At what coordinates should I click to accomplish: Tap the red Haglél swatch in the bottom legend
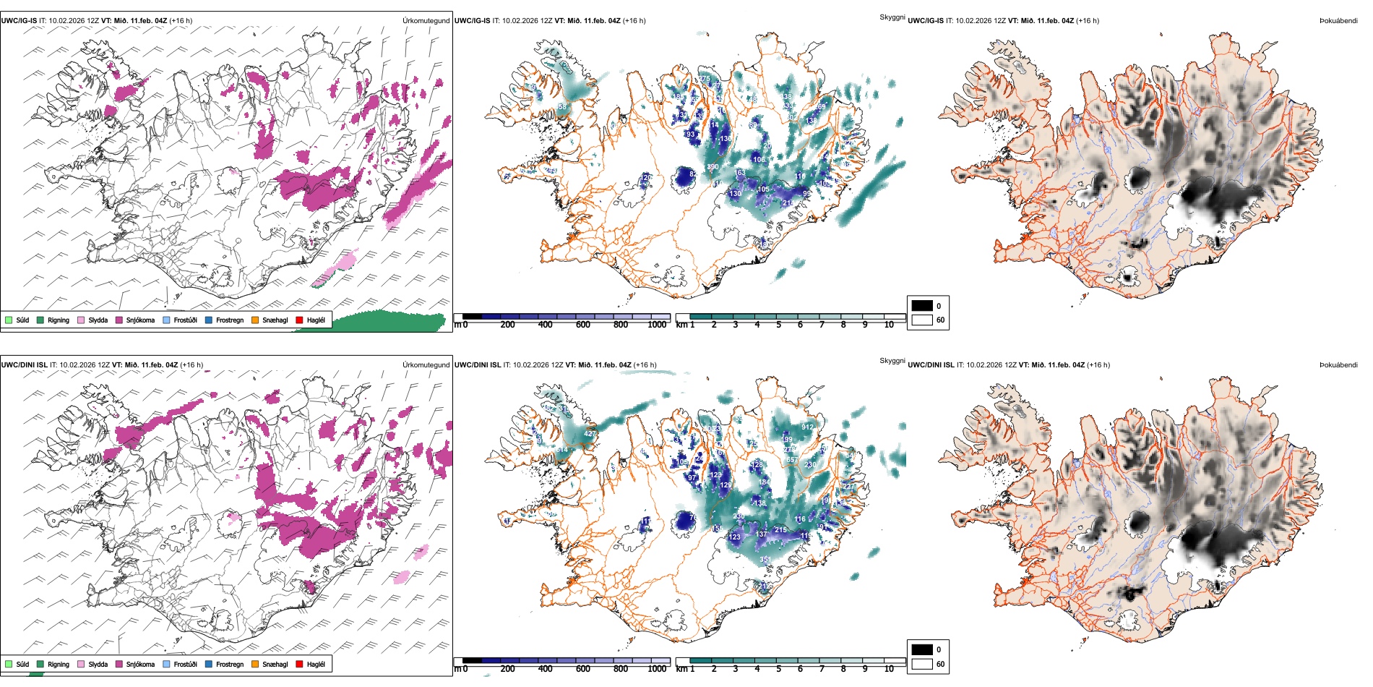(299, 664)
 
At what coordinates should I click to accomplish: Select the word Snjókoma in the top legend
(140, 320)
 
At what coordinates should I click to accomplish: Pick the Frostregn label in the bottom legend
(230, 664)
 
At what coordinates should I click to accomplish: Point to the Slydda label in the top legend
(98, 320)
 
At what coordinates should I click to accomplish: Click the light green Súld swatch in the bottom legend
(9, 664)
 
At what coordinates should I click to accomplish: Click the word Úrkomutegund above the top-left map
(426, 21)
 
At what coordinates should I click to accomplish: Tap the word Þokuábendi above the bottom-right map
(1338, 365)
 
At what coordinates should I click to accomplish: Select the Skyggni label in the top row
(892, 17)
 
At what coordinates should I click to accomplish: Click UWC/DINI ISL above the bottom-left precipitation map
(24, 365)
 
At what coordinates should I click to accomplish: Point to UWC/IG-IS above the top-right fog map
(926, 21)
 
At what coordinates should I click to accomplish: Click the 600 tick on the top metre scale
(582, 325)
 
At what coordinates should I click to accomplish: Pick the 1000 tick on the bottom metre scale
(657, 669)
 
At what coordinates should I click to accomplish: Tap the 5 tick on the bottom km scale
(778, 669)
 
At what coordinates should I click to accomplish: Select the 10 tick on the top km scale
(889, 325)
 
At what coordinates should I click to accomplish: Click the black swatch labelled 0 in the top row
(922, 306)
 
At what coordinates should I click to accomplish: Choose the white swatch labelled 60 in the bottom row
(922, 664)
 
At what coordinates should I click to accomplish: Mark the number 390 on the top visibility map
(713, 167)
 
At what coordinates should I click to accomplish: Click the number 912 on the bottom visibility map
(807, 427)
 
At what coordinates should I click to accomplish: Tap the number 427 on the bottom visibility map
(590, 435)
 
